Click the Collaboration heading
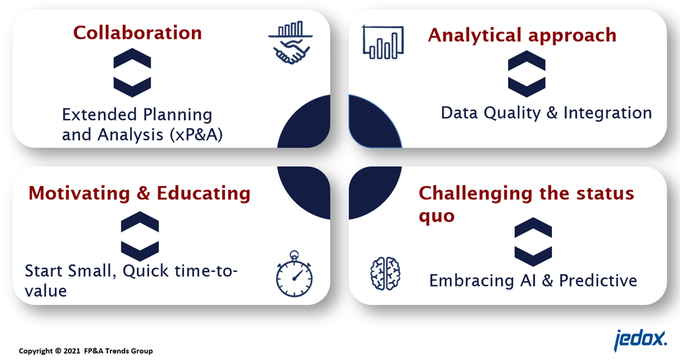138,33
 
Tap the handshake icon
291,43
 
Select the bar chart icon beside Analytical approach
383,42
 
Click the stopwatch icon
295,273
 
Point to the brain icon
385,273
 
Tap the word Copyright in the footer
36,351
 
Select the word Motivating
79,193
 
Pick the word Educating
204,193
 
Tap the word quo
436,216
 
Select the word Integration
608,112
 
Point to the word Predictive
598,281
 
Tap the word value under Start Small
46,291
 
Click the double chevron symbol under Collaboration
133,72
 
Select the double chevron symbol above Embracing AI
533,242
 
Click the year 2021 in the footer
72,351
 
